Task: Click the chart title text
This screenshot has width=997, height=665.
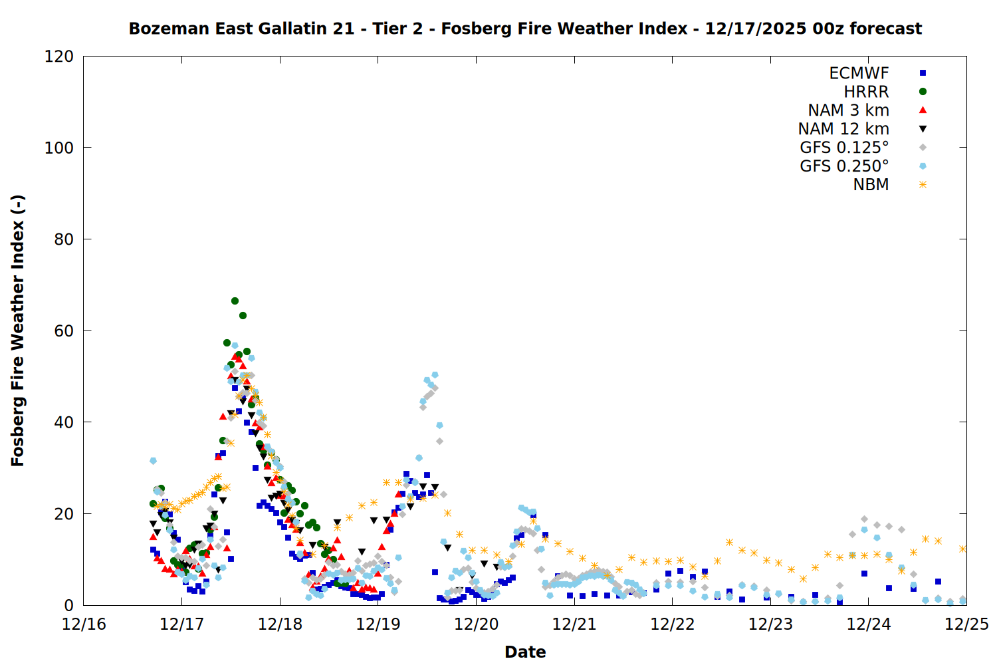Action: (525, 29)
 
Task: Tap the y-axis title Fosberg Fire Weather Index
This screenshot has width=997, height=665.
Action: (18, 331)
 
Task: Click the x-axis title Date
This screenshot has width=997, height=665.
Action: (525, 652)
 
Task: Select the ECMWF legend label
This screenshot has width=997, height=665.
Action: (859, 73)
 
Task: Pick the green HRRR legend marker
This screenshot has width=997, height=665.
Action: (923, 92)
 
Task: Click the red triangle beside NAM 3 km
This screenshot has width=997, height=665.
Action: (923, 110)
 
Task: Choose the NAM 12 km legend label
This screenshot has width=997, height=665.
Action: (843, 129)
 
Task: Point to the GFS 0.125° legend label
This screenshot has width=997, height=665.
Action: (844, 148)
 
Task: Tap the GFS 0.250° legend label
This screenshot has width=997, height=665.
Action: (844, 166)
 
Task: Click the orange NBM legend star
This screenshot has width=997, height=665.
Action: (923, 185)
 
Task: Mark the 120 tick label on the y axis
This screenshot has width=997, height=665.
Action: (59, 57)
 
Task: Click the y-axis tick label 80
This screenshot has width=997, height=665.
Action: (64, 239)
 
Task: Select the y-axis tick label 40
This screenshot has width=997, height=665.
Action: (64, 422)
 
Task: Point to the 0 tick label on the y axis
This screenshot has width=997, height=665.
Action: (68, 605)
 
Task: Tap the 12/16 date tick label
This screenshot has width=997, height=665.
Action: (84, 624)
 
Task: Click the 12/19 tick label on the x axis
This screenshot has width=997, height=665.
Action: (378, 624)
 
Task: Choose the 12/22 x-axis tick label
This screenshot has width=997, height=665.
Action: (673, 624)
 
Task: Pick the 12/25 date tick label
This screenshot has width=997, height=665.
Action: (966, 624)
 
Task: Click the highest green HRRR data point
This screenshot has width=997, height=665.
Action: (235, 301)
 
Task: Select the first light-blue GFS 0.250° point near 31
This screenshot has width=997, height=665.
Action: (154, 461)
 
